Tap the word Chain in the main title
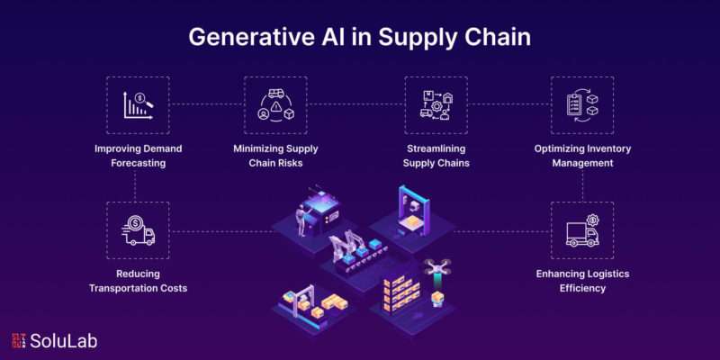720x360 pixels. coord(501,38)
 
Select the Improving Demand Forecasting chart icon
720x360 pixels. coord(139,105)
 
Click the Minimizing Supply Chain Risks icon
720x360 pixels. coord(275,105)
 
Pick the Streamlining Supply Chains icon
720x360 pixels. coord(436,105)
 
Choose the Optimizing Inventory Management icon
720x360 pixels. coord(582,105)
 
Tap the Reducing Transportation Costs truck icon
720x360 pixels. coord(139,230)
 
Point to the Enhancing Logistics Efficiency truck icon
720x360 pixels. coord(582,230)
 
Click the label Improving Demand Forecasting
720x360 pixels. coord(139,156)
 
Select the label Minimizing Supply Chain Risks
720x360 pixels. coord(275,156)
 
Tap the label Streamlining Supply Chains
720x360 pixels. coord(436,156)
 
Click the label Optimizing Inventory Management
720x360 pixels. coord(582,156)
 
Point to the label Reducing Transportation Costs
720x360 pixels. coord(139,281)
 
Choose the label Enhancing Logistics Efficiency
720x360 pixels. coord(582,281)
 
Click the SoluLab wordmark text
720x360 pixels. coord(64,341)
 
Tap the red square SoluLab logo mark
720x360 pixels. coord(19,341)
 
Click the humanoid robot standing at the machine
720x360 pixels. coord(302,220)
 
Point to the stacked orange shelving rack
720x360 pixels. coord(401,292)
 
